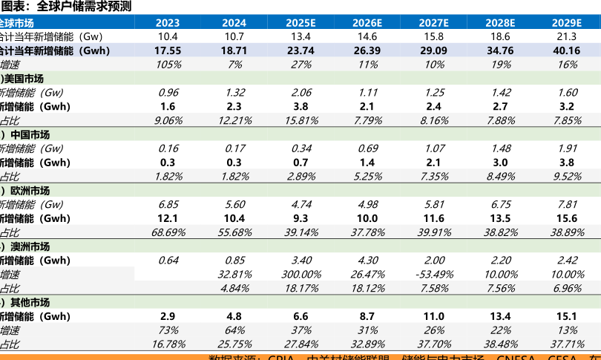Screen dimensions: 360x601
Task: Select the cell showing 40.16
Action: point(566,50)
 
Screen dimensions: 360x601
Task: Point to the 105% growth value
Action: point(168,65)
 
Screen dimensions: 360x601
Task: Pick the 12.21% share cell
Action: point(234,120)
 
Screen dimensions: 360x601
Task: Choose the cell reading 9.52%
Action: point(566,177)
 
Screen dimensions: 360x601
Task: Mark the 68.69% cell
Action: point(168,232)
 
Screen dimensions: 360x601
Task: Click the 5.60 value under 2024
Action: point(234,204)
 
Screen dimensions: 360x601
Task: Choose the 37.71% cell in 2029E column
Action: point(566,344)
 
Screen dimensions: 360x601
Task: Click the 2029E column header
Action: point(566,23)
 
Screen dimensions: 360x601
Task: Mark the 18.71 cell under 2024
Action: point(234,50)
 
